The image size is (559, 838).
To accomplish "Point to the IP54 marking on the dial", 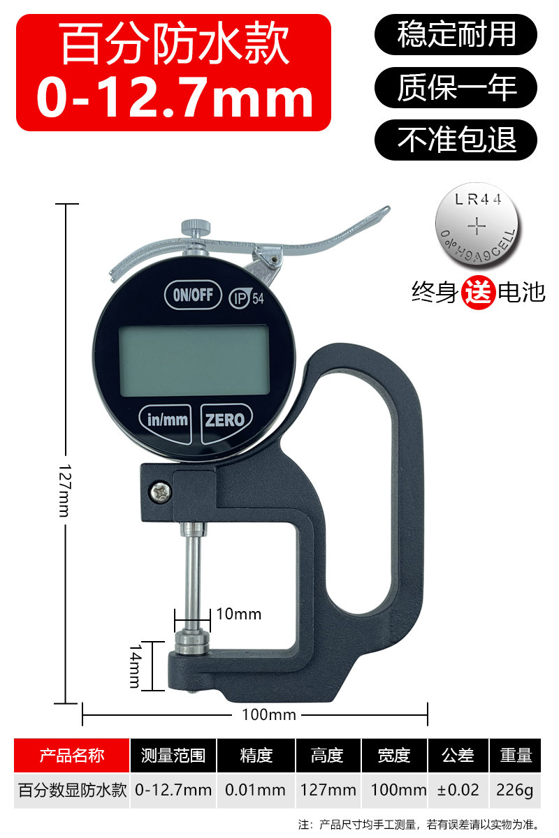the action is [x=247, y=298].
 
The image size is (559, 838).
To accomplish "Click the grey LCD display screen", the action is [x=194, y=360].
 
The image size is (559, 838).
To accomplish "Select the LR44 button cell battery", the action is [x=477, y=225].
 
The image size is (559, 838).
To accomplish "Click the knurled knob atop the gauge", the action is [x=196, y=227].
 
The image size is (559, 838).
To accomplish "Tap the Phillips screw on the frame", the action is [x=161, y=492].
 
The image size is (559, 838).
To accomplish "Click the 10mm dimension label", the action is [x=239, y=614].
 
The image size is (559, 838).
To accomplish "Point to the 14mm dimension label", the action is [x=135, y=666].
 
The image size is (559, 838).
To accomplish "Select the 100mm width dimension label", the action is [x=269, y=714].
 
